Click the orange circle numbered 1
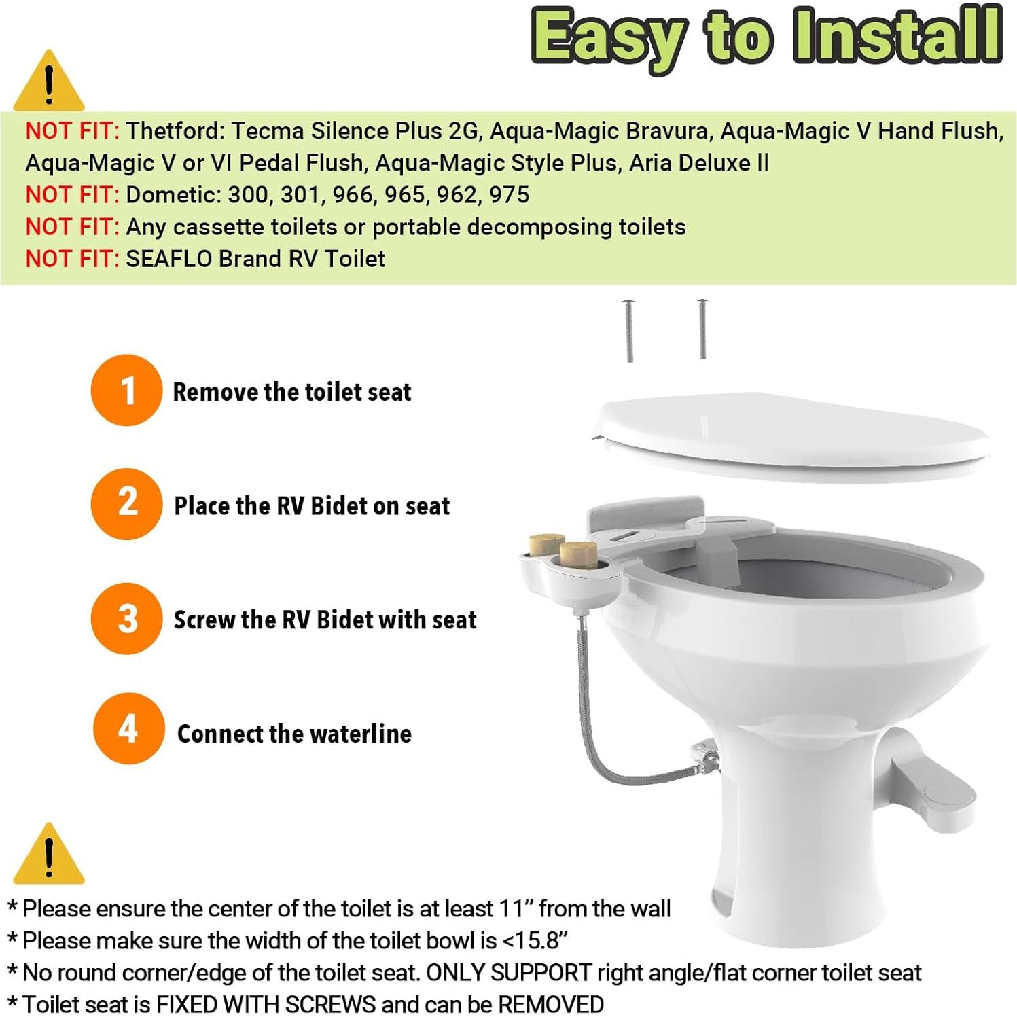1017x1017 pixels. coord(126,391)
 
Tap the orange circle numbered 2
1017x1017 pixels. coord(126,504)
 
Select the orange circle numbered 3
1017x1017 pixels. coord(126,618)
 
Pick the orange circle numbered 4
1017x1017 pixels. coord(128,729)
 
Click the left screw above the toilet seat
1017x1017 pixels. coord(629,331)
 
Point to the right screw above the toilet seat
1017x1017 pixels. coord(702,329)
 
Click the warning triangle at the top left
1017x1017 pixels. coord(48,83)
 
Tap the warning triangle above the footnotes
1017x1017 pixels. coord(48,855)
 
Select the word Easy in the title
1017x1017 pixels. coord(608,38)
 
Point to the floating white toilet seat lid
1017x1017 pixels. coord(791,435)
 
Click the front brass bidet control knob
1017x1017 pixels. coord(578,554)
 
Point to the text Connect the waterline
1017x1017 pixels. coord(294,734)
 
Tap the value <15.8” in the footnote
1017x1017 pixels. coord(535,941)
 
